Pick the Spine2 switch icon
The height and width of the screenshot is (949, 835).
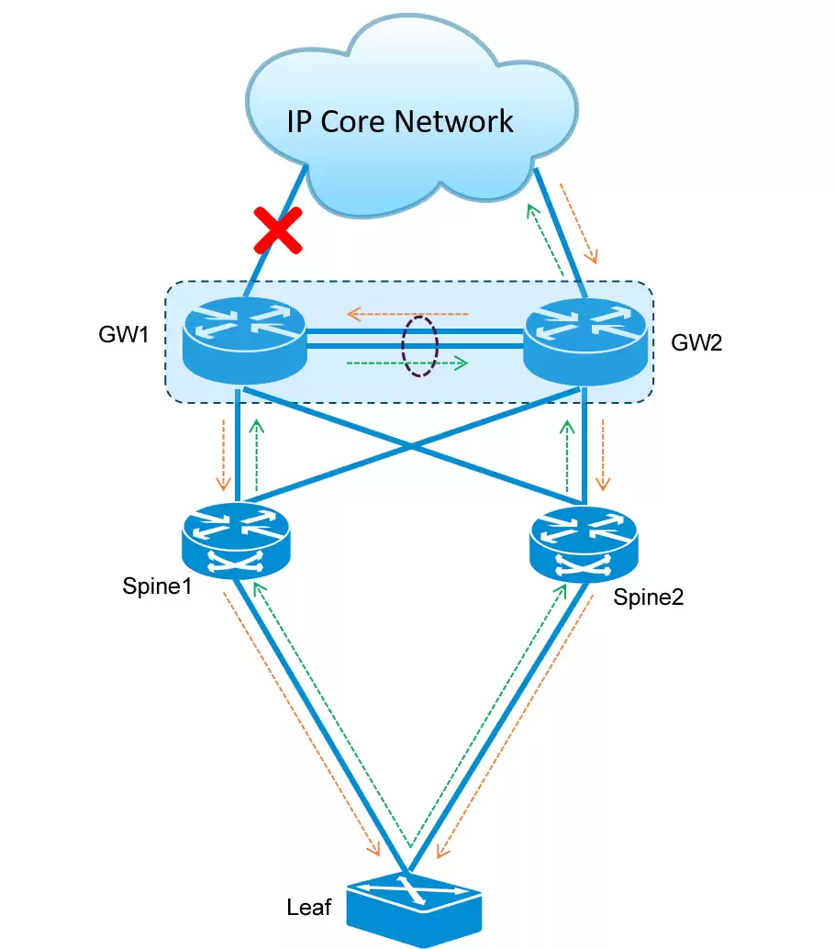pyautogui.click(x=584, y=544)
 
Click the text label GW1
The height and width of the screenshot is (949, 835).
pyautogui.click(x=124, y=333)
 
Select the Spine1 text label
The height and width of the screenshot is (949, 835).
pyautogui.click(x=157, y=586)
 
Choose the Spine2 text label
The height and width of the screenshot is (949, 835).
pyautogui.click(x=649, y=597)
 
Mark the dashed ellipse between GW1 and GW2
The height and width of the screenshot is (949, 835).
pyautogui.click(x=419, y=346)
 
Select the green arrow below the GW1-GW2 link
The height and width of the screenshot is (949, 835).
pyautogui.click(x=406, y=363)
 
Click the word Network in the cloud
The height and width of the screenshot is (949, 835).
pyautogui.click(x=458, y=121)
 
